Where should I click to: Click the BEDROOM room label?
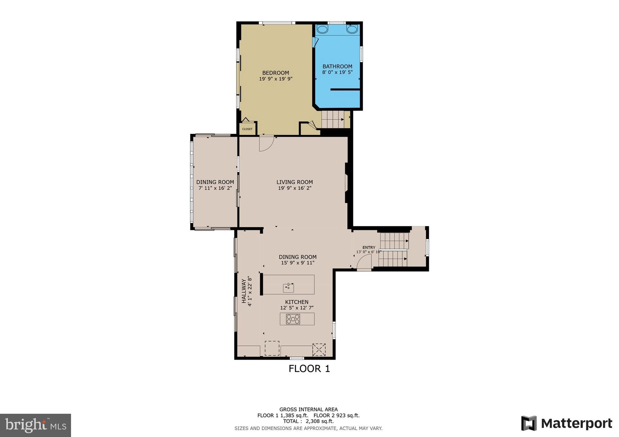[x=275, y=73]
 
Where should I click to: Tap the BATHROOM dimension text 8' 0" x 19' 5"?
[x=337, y=72]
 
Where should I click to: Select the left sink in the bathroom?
[x=322, y=29]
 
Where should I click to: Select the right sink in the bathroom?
[x=352, y=29]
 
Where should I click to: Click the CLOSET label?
[x=247, y=129]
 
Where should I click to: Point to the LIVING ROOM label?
[x=294, y=182]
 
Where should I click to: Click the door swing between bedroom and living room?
[x=266, y=143]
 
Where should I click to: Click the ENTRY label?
[x=369, y=247]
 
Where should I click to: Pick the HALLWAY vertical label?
[x=244, y=291]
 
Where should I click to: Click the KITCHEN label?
[x=297, y=302]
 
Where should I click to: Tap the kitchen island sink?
[x=288, y=288]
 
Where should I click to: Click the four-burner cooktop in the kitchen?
[x=293, y=319]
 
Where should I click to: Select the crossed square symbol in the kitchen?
[x=319, y=349]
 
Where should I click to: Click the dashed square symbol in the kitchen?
[x=272, y=348]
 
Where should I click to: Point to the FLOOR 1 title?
[x=309, y=369]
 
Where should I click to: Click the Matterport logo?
[x=566, y=423]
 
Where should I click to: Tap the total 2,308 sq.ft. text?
[x=308, y=421]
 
